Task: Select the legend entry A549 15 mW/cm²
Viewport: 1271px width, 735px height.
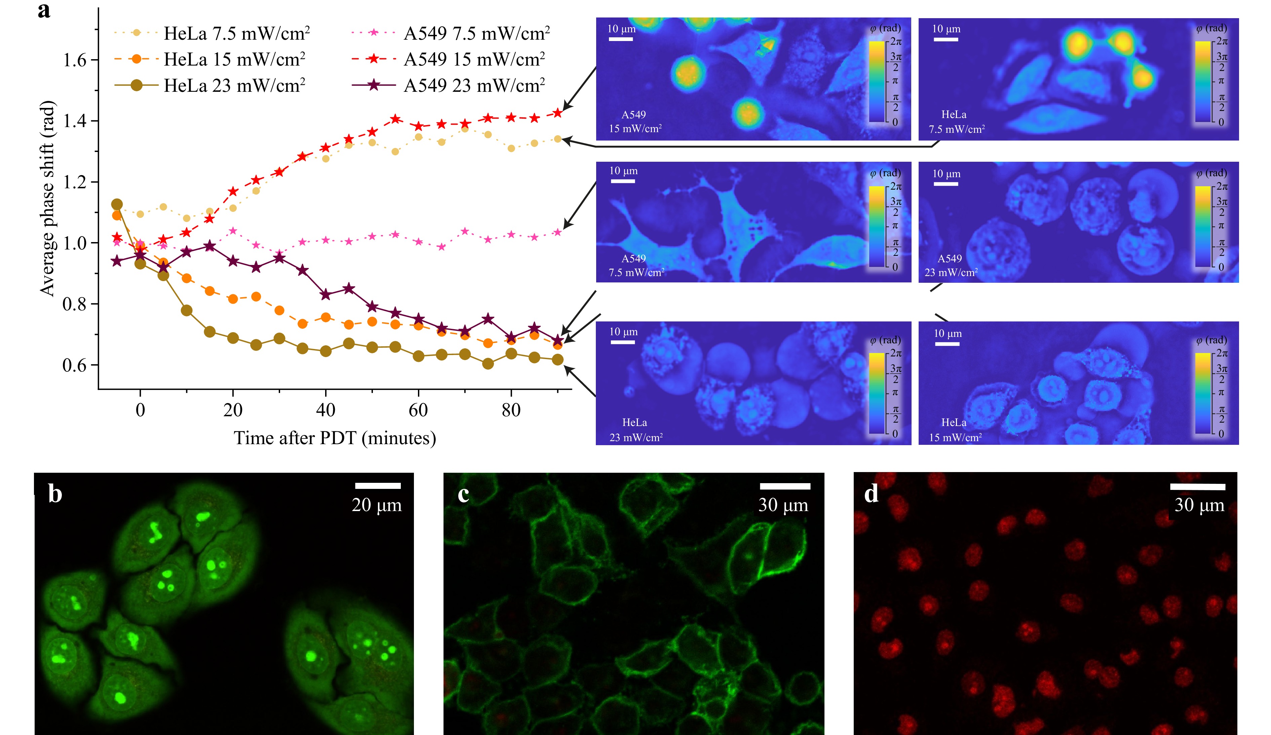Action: point(474,60)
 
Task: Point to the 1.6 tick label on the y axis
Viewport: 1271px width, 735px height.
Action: point(75,60)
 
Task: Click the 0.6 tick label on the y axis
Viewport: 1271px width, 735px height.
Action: point(75,365)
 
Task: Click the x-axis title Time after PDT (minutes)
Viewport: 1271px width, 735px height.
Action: point(335,438)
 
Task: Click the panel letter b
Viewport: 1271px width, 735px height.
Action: point(55,493)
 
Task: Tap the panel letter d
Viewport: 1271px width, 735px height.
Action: point(871,493)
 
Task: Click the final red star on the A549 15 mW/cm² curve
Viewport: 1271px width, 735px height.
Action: point(557,113)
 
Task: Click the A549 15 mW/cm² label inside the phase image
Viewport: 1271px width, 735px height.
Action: point(635,122)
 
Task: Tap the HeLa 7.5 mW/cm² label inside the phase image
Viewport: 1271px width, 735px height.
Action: point(956,122)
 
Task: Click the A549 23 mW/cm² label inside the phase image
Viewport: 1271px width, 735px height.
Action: point(951,265)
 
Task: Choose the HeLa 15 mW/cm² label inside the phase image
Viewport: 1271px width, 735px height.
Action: point(955,430)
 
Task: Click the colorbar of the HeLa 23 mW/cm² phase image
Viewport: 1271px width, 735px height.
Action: point(877,393)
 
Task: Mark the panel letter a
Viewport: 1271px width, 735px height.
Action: point(44,10)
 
